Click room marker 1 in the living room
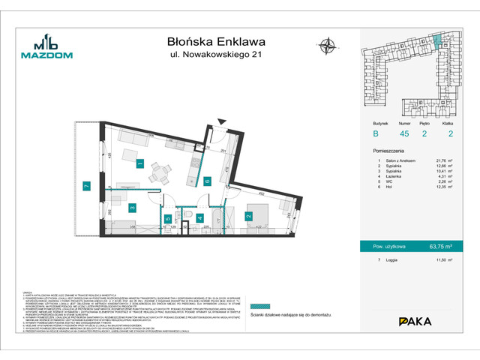(139, 163)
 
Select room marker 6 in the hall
(205, 180)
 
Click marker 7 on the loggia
(87, 185)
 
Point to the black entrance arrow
(219, 122)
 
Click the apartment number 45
(406, 135)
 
